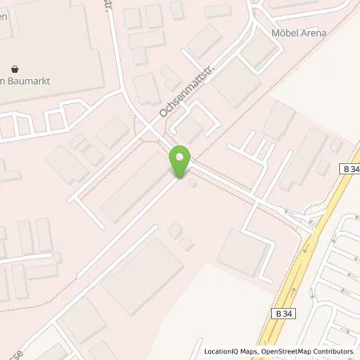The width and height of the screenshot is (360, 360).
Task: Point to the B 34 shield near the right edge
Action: point(349,170)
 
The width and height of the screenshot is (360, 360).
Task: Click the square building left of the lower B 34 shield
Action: point(242,252)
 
